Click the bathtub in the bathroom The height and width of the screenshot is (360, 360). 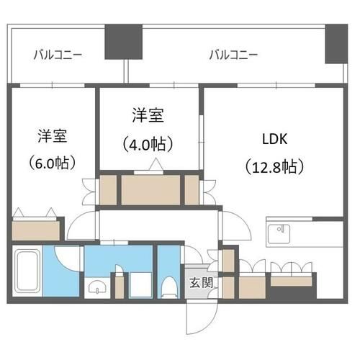tap(27, 271)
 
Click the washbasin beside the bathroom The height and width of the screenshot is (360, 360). tap(97, 287)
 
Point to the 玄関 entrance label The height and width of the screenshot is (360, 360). tap(201, 283)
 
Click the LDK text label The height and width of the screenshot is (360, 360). tap(274, 139)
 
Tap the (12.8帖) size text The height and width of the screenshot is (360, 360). tap(274, 166)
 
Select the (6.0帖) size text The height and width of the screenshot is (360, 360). tap(53, 163)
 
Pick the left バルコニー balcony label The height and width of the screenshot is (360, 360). tap(58, 55)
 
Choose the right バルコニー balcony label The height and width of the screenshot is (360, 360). tap(233, 55)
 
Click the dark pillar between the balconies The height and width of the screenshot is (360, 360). tap(124, 42)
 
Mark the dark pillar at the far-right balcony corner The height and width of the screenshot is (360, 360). tap(336, 44)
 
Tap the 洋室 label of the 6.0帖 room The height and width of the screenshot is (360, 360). tap(53, 136)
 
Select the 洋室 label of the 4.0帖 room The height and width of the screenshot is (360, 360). tap(148, 116)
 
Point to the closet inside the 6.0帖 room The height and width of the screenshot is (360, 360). tap(36, 230)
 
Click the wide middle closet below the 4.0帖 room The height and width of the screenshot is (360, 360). tap(150, 190)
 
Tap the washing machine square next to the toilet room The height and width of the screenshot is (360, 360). tap(140, 285)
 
